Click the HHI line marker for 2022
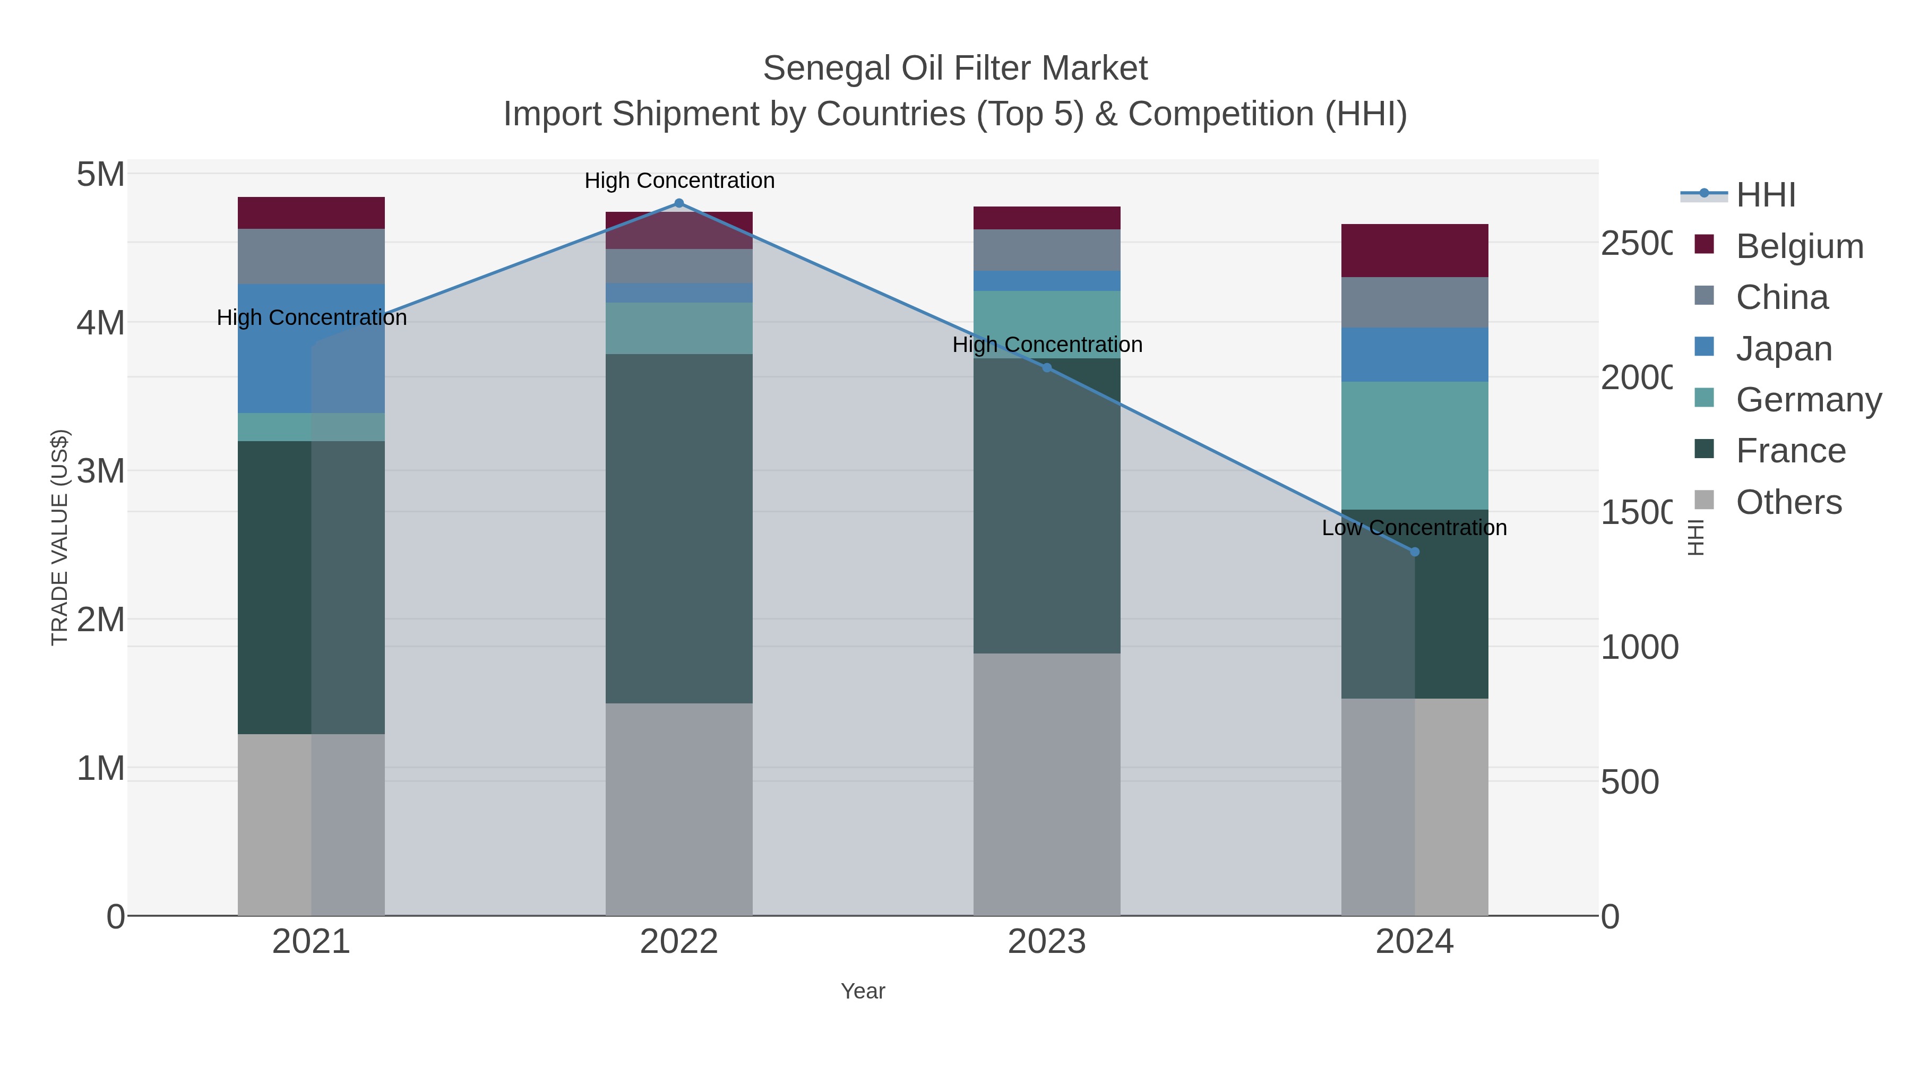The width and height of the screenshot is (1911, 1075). (679, 203)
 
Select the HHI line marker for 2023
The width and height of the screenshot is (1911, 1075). (1047, 368)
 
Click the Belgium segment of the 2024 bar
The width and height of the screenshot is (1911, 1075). (1415, 251)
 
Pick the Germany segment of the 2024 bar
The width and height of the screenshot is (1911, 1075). (1415, 445)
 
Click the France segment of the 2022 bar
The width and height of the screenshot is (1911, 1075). (679, 528)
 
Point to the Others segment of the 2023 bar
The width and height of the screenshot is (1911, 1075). (1047, 784)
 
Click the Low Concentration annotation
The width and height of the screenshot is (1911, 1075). (1414, 528)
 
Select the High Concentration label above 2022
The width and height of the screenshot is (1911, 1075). (679, 181)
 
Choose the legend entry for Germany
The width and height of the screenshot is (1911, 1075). (1808, 400)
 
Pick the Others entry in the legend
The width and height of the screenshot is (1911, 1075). (1788, 502)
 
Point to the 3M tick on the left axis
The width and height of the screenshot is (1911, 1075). (101, 471)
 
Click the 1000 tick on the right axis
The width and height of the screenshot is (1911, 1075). (1639, 648)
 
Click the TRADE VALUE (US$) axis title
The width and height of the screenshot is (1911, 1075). (59, 537)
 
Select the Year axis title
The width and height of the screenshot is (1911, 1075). (863, 991)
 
